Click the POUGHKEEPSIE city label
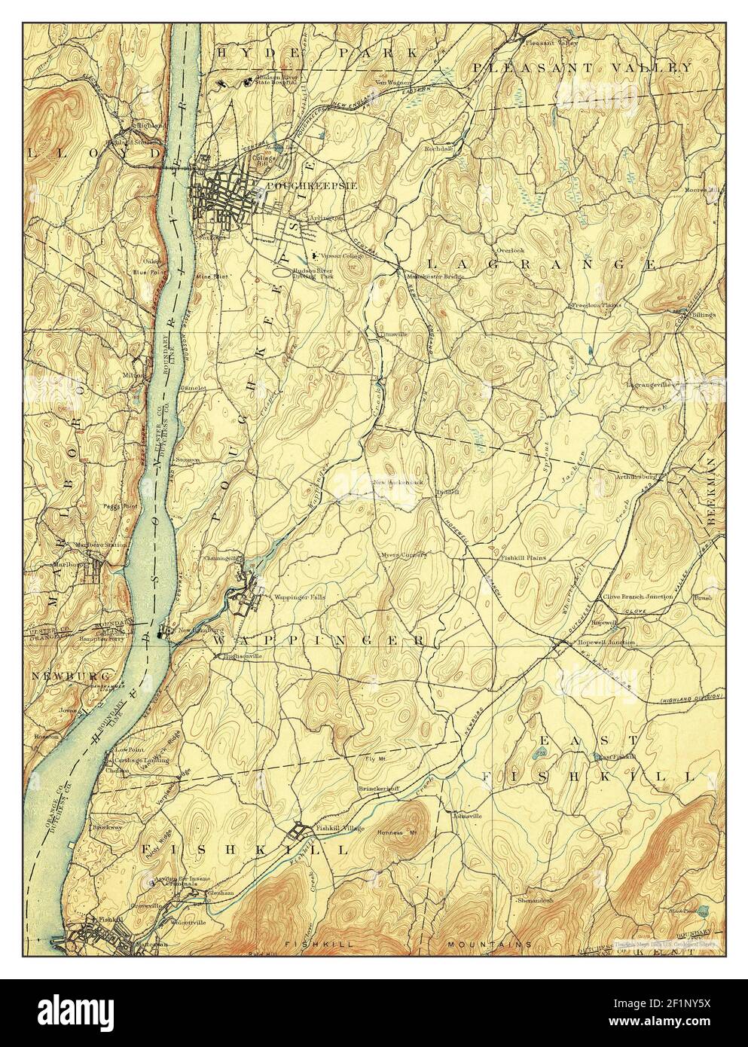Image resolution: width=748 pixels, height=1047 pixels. pyautogui.click(x=295, y=184)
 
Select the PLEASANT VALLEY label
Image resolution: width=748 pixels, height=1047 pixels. pyautogui.click(x=582, y=67)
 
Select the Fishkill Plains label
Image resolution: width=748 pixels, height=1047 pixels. pyautogui.click(x=524, y=558)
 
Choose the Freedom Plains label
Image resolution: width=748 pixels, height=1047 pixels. pyautogui.click(x=596, y=305)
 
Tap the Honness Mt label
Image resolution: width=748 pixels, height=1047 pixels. pyautogui.click(x=399, y=832)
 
